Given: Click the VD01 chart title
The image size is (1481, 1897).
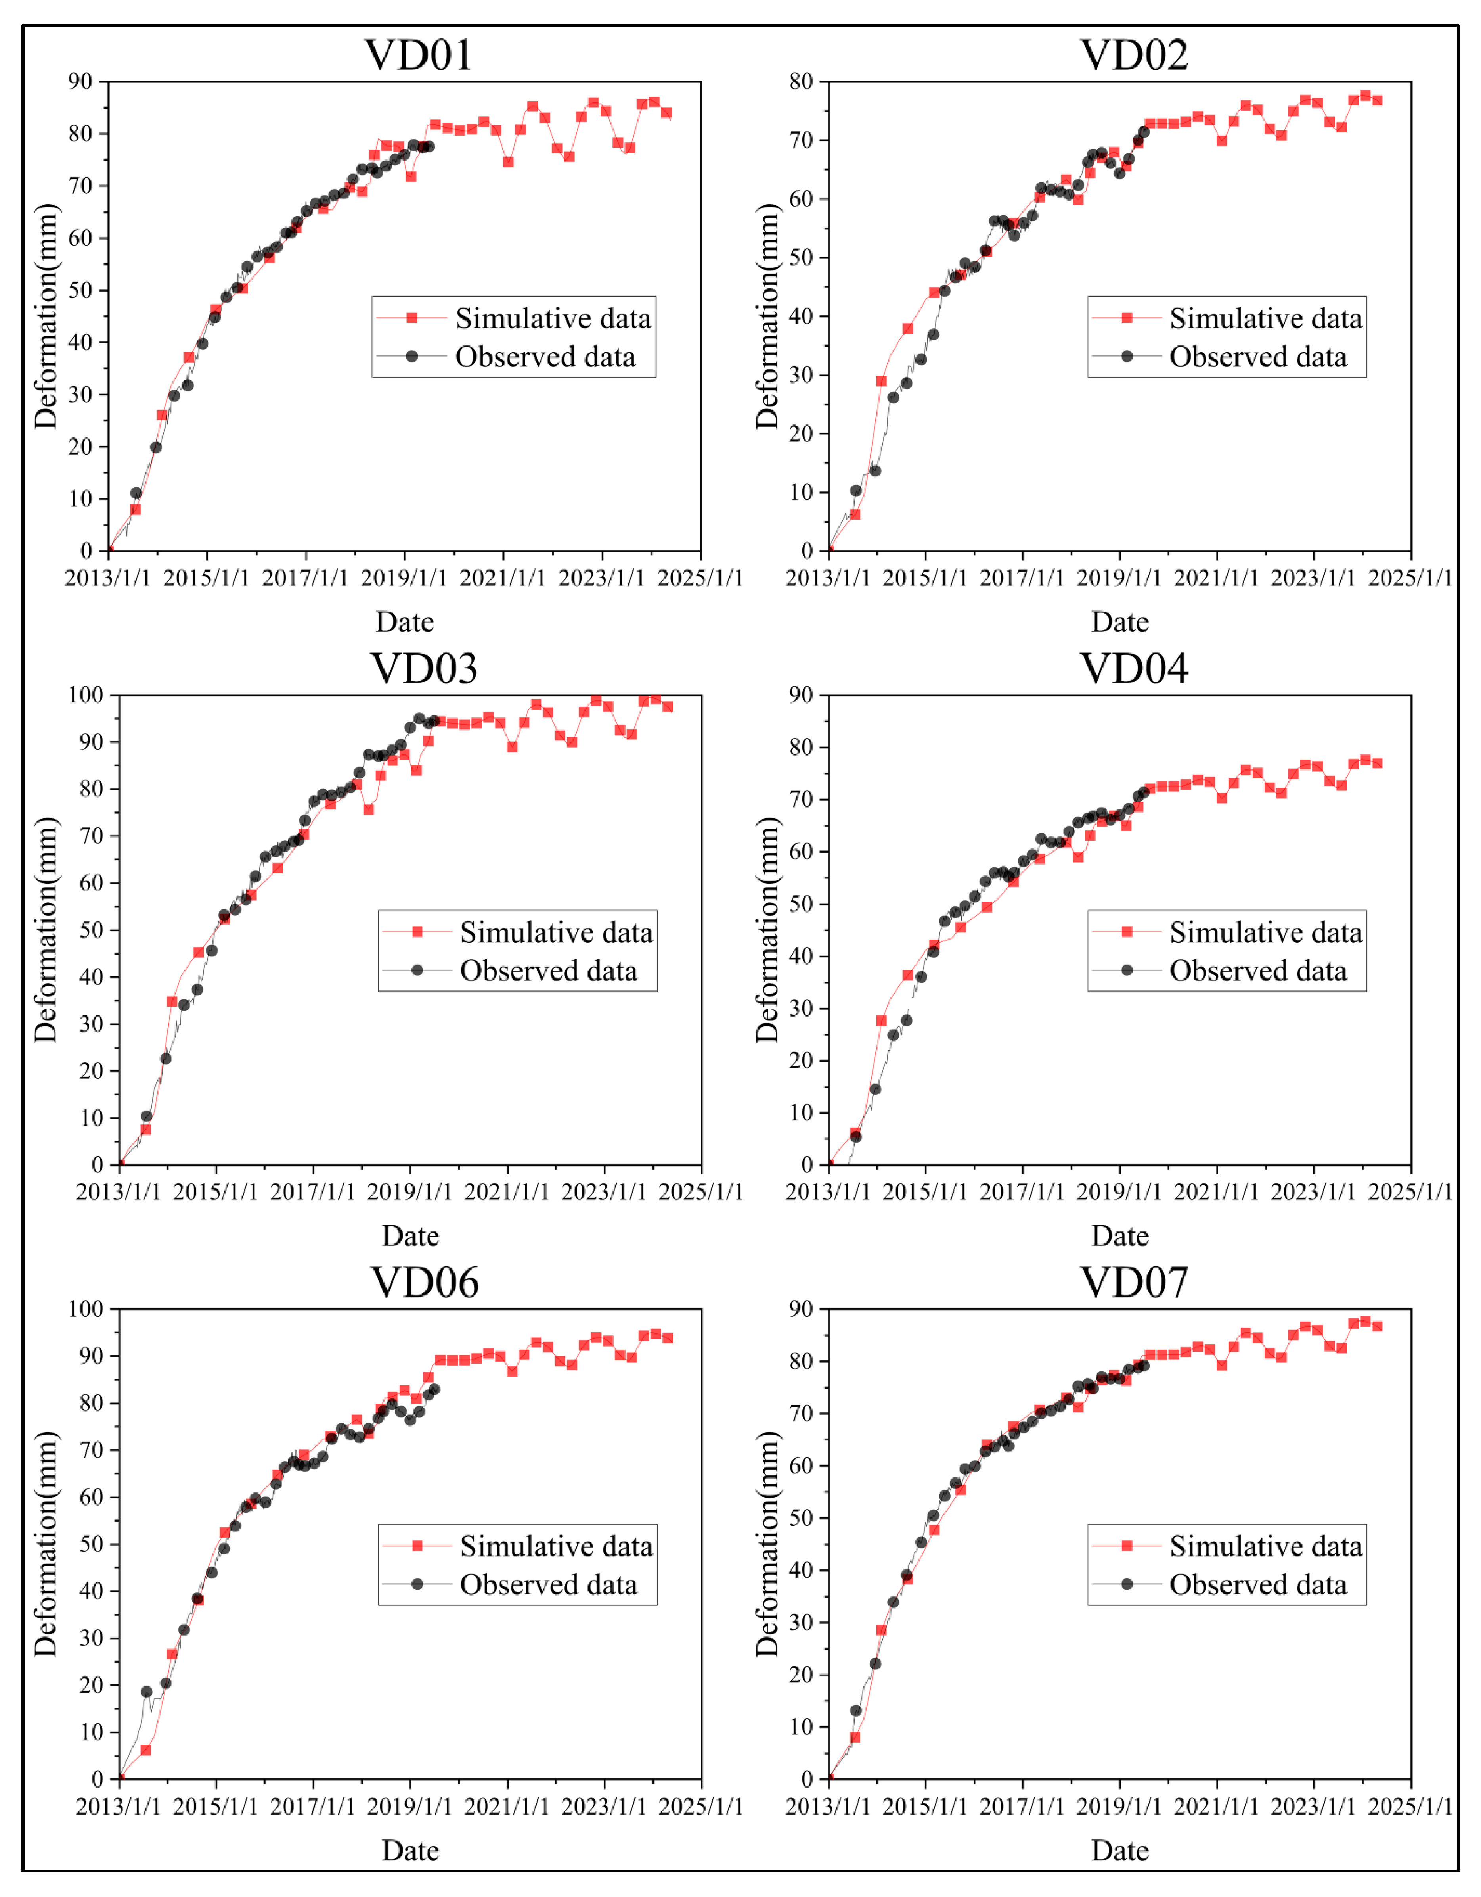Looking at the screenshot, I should (419, 55).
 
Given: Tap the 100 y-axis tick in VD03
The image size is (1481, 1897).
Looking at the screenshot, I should (85, 695).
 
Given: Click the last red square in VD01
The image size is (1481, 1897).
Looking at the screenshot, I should (667, 113).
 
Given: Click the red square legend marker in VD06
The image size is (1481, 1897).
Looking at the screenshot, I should (417, 1546).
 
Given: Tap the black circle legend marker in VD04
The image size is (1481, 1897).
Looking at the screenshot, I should (1127, 970).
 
